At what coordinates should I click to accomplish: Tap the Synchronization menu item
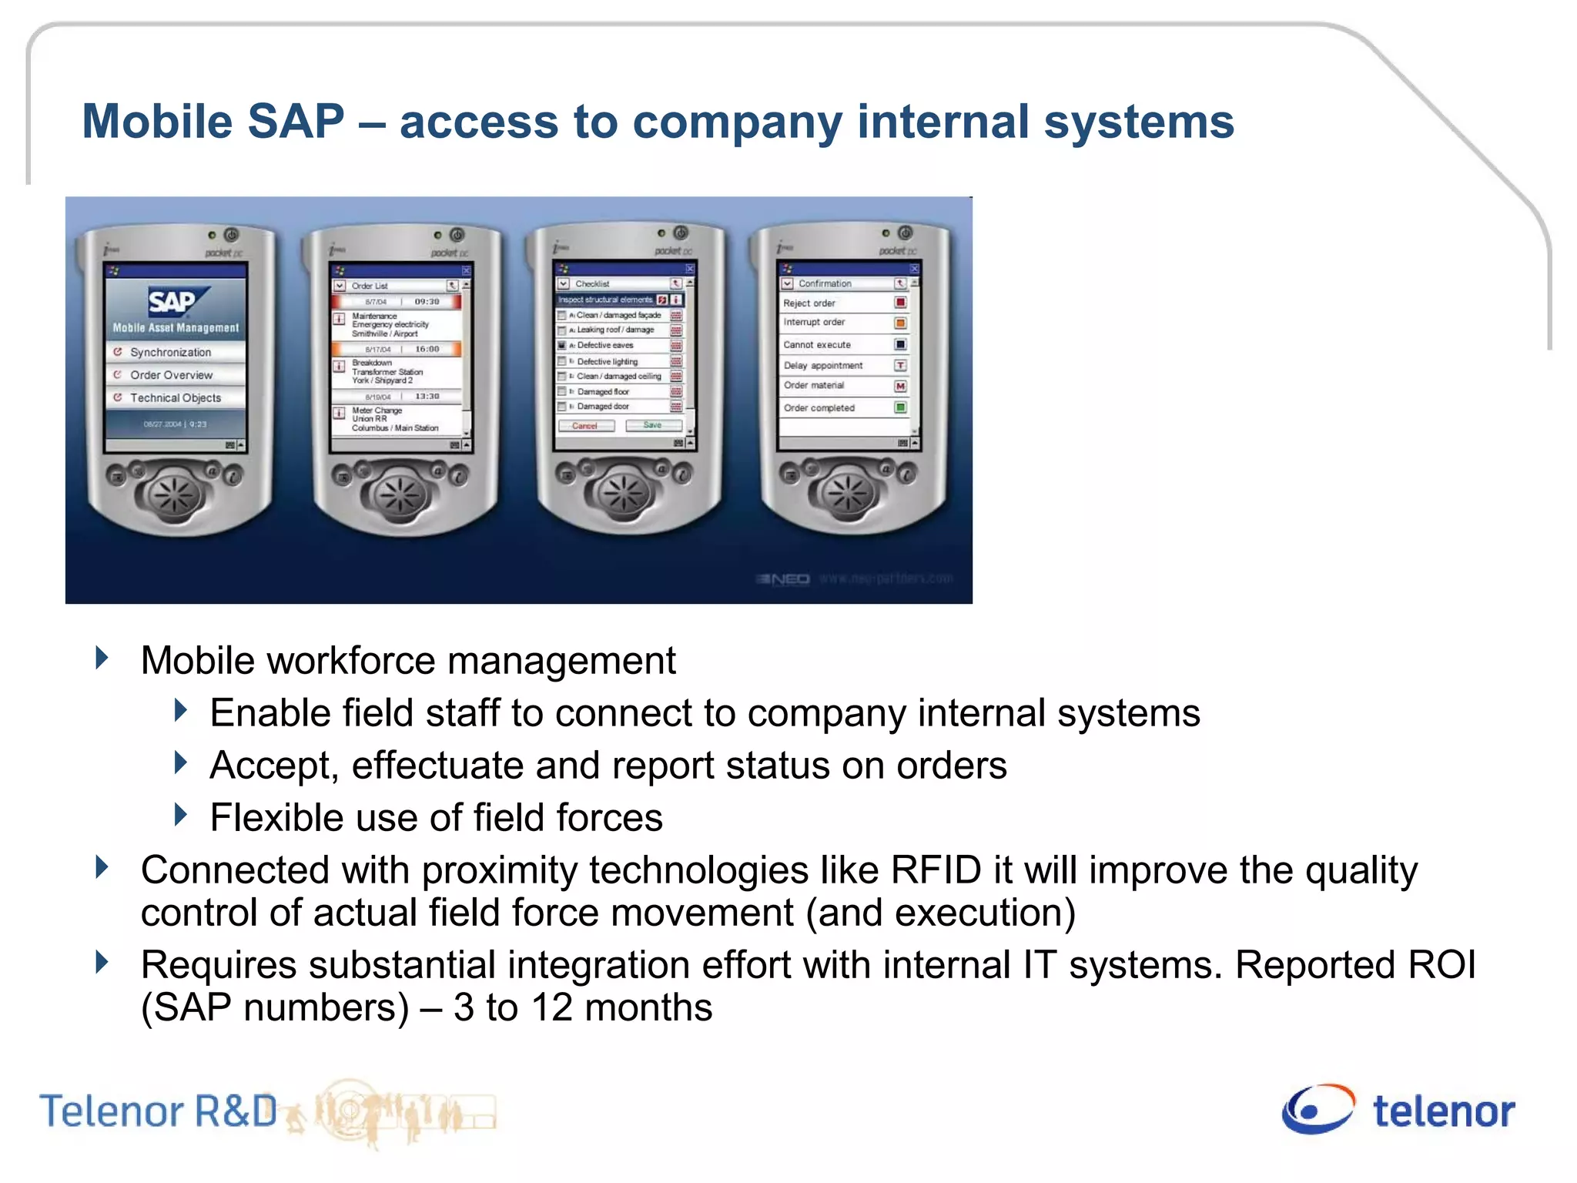tap(170, 352)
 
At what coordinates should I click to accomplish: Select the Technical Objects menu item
tap(175, 397)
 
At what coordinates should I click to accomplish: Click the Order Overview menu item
tap(171, 375)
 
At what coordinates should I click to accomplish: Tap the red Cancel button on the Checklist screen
tap(584, 425)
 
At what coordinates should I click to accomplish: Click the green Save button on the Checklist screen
tap(652, 425)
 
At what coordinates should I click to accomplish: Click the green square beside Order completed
tap(899, 407)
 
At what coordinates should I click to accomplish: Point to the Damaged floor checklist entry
tap(603, 391)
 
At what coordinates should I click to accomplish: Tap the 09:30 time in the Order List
tap(427, 301)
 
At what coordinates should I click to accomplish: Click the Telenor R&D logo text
tap(158, 1111)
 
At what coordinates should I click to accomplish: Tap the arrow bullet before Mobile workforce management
tap(102, 659)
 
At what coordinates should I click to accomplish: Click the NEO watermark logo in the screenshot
tap(784, 579)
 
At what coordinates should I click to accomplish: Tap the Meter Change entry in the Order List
tap(377, 411)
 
